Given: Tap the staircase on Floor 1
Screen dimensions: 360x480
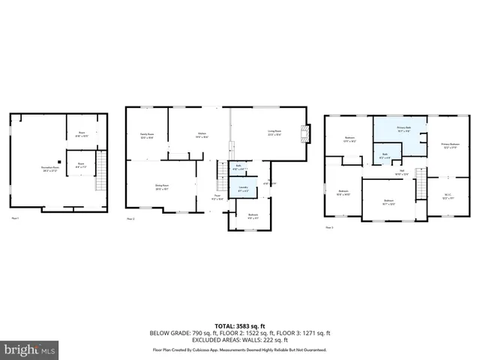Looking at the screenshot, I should [100, 180].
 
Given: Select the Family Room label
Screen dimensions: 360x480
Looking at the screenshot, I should [146, 136].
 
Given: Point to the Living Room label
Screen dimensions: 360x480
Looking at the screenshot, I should [275, 134].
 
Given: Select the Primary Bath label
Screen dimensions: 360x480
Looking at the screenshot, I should [403, 129].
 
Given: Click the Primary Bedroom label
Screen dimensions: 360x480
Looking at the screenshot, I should [450, 145].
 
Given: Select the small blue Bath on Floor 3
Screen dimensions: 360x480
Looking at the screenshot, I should [385, 157].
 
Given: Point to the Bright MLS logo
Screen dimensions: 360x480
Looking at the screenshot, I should [30, 349].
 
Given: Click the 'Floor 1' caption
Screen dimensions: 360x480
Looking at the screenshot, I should [15, 217].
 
